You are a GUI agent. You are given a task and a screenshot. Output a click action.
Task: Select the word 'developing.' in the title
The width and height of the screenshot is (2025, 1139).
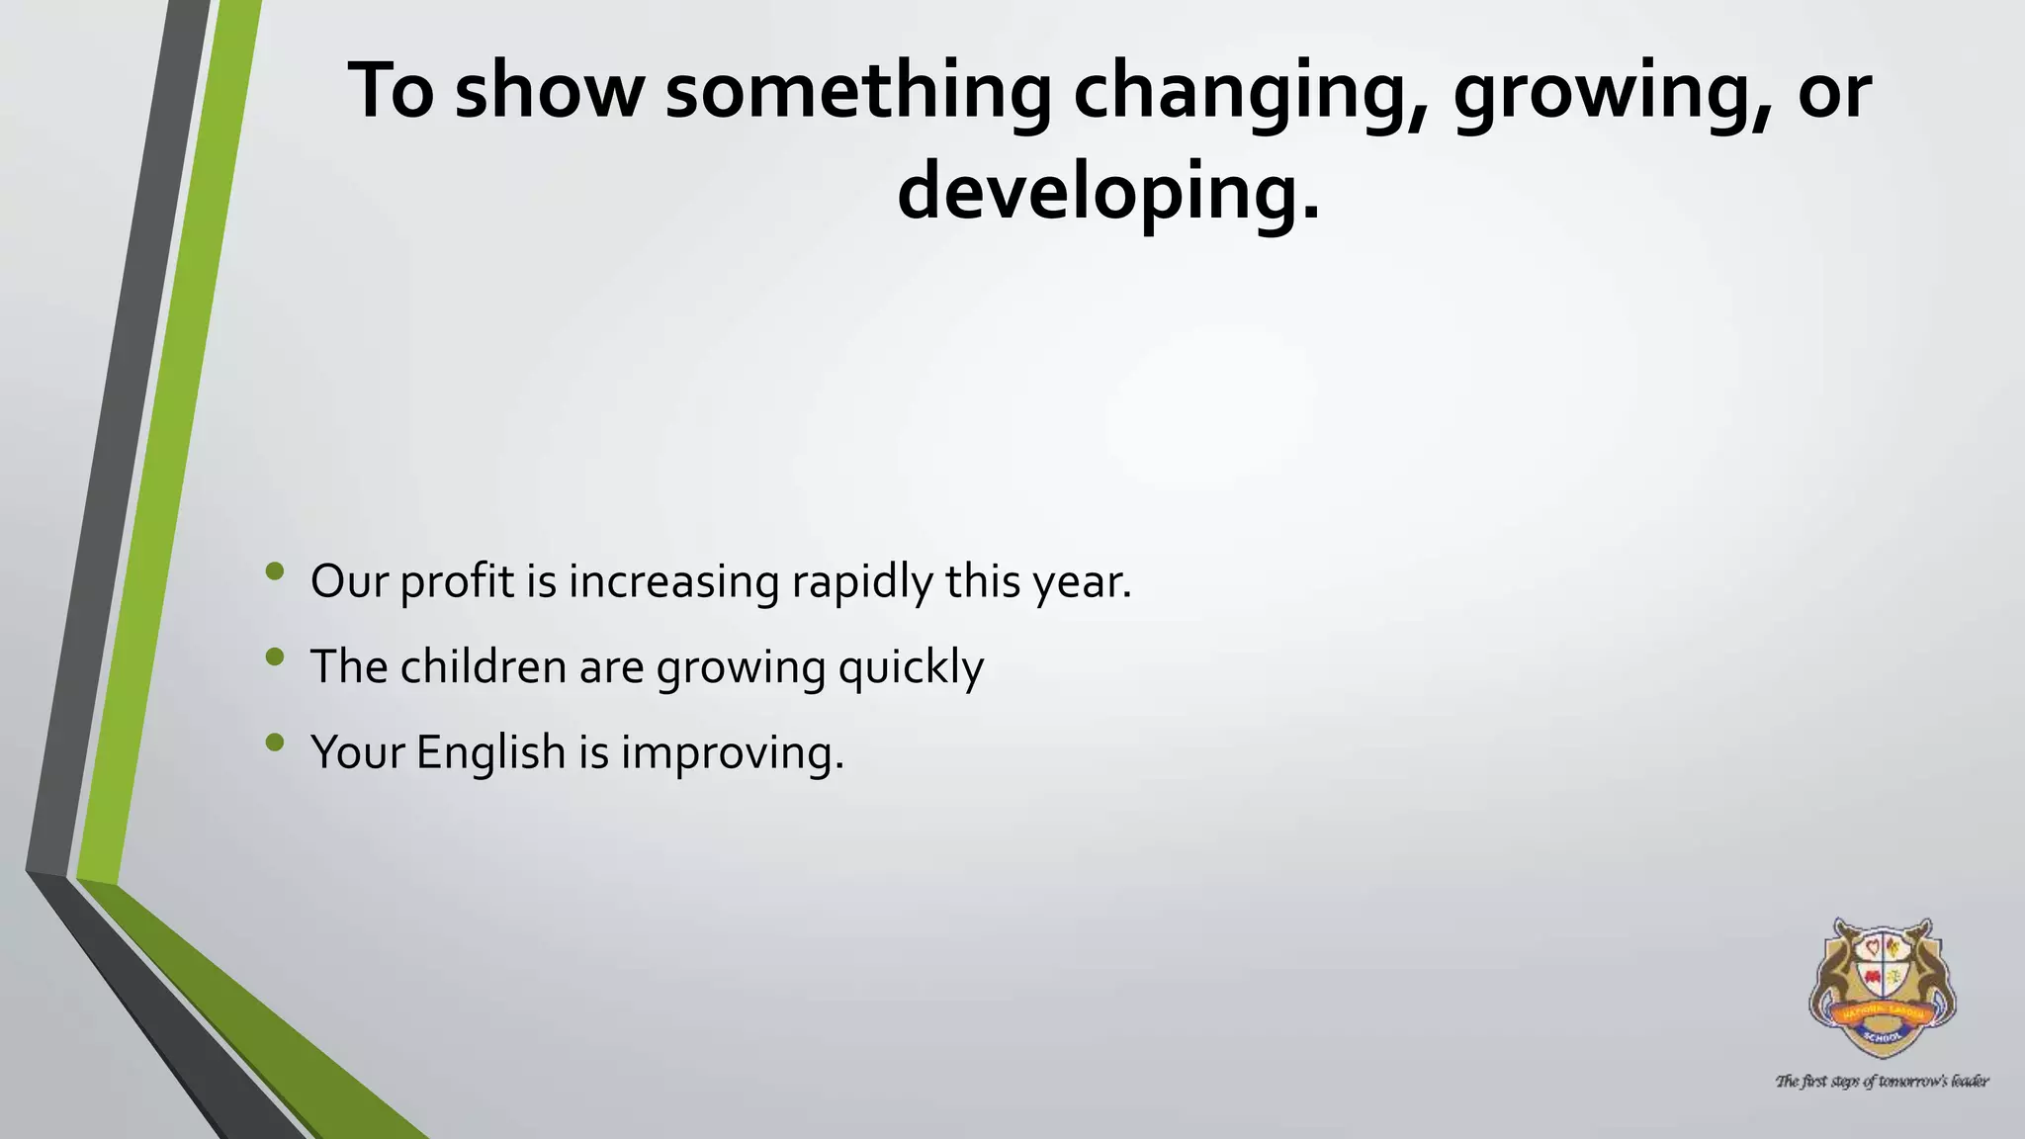[x=1108, y=192]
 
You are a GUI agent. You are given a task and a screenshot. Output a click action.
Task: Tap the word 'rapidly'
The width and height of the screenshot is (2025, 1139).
[x=861, y=581]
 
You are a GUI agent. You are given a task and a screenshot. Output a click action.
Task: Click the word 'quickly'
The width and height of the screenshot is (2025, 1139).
[x=911, y=666]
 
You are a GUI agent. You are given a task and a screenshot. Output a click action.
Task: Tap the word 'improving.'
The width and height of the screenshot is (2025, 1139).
[x=733, y=752]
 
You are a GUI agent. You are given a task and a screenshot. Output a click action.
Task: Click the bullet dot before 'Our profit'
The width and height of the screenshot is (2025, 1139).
[x=275, y=570]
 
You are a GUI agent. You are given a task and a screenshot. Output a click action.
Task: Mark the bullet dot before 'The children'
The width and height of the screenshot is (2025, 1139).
[x=275, y=656]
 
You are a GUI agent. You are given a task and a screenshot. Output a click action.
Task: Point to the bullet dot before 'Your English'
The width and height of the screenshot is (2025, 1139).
[x=275, y=742]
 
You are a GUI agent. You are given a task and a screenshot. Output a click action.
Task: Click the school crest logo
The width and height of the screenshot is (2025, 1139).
[x=1883, y=989]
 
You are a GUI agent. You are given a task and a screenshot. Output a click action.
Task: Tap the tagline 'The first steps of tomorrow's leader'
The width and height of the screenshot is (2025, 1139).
[x=1882, y=1081]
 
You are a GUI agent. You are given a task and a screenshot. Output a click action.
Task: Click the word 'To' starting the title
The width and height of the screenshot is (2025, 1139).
[x=392, y=91]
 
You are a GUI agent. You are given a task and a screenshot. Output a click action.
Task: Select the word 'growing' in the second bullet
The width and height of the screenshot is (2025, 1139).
[x=741, y=666]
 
